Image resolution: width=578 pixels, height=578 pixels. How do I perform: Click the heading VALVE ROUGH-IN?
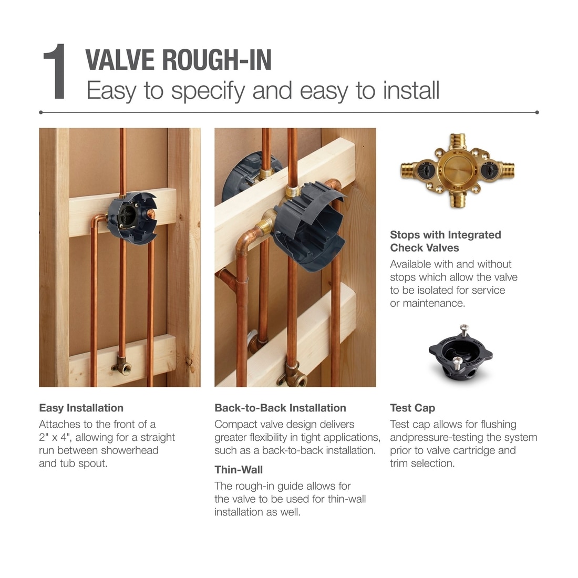point(178,60)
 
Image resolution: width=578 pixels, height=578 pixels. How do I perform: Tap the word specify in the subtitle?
point(208,90)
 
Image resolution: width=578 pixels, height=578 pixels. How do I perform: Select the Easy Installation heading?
point(81,408)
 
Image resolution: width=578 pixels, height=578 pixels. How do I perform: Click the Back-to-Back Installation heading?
point(280,408)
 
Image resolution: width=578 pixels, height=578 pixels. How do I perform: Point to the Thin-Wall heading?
point(239,470)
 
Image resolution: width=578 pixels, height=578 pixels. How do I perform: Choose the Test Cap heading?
point(412,408)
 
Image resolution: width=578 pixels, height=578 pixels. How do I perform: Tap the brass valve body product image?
point(457,170)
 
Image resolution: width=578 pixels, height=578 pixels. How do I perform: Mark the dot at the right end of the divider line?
point(536,112)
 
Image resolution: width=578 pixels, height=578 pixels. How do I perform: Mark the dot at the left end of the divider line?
point(41,112)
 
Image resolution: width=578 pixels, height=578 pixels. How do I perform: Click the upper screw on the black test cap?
point(463,328)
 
